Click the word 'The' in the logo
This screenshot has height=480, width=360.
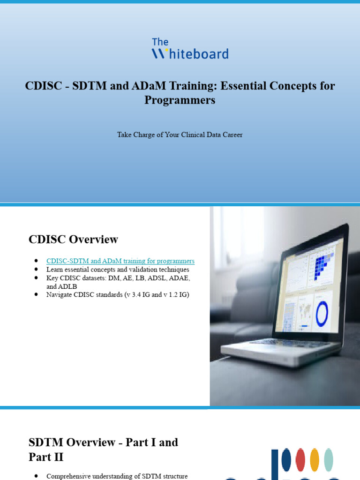click(x=160, y=42)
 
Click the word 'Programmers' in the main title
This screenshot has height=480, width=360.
click(x=180, y=100)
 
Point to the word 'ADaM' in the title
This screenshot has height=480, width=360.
click(x=165, y=86)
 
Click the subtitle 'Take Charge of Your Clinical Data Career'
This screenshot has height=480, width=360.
click(x=180, y=135)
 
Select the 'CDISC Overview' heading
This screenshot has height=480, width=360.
click(x=73, y=240)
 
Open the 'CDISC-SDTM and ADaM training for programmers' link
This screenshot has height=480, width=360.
click(x=120, y=261)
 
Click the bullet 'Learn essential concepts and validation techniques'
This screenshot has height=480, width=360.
click(x=118, y=270)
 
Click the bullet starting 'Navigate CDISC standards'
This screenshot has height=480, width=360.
click(x=118, y=295)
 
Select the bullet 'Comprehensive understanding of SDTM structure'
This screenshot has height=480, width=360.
click(x=117, y=476)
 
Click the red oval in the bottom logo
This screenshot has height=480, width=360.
click(x=300, y=459)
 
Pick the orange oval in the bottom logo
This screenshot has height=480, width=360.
click(x=315, y=459)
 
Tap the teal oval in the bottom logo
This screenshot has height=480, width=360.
click(x=329, y=459)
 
